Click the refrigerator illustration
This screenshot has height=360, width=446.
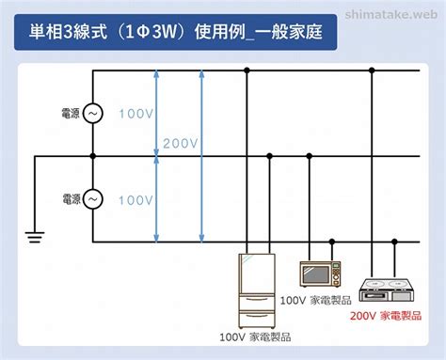257,290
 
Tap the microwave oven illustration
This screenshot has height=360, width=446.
320,274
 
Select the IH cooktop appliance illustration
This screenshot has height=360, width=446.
387,290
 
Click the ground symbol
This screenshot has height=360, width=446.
35,237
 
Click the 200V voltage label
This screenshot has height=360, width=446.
181,144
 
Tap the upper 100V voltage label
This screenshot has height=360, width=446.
136,114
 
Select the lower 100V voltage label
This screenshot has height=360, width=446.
136,200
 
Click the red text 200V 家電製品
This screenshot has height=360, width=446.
386,316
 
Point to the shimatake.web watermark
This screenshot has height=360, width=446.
391,14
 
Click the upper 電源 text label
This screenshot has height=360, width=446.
71,113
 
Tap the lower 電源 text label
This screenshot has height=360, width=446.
72,199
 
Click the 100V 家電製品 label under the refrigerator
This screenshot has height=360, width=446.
255,337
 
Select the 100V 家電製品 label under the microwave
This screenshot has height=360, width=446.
315,300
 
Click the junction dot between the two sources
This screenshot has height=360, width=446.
93,156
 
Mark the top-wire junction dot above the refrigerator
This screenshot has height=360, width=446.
247,70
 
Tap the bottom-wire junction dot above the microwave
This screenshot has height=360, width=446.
332,242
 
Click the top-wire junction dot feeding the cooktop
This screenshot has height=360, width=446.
372,70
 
